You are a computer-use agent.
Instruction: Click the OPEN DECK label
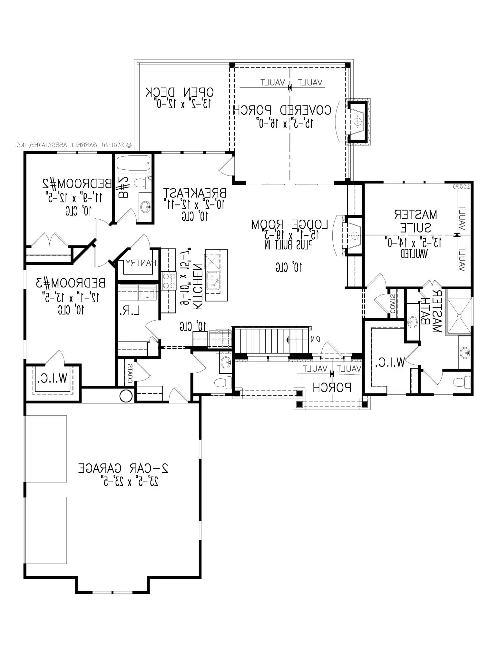click(x=179, y=93)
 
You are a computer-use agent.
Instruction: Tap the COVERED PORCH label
click(x=282, y=110)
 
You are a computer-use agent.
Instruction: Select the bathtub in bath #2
click(x=133, y=164)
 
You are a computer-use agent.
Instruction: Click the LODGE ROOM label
click(x=289, y=225)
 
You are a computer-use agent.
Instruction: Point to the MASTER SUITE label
click(x=415, y=221)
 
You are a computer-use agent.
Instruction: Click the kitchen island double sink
click(x=213, y=280)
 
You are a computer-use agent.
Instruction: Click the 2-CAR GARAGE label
click(x=123, y=468)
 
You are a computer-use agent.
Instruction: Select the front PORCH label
click(x=332, y=387)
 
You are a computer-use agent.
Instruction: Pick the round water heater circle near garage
click(x=126, y=396)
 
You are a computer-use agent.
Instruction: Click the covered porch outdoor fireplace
click(x=357, y=122)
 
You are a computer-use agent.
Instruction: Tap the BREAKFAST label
click(x=194, y=193)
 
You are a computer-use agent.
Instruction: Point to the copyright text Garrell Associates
click(x=73, y=145)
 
